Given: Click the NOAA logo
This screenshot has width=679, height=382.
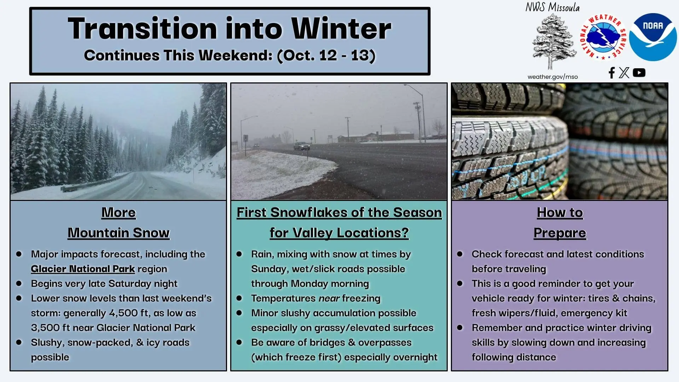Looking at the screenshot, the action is point(653,37).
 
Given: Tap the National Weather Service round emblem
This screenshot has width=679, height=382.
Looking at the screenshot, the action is point(603,37).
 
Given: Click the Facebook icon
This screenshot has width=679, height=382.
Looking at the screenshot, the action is point(611,73).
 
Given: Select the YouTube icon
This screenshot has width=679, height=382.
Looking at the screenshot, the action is point(639,73).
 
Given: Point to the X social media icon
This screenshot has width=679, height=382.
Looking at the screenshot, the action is point(624,73).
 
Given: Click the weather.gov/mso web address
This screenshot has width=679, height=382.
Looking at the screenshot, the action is point(552,77).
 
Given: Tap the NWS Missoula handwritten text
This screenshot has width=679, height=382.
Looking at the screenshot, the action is point(552,7).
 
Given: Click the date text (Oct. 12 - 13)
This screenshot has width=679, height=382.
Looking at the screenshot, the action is point(326,56).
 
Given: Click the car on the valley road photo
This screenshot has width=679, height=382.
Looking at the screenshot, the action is point(302,146).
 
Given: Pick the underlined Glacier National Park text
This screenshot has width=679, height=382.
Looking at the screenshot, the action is point(83,269).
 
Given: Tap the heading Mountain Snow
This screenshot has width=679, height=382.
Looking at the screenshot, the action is point(118,233).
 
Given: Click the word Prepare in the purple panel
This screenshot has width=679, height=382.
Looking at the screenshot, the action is point(560,233).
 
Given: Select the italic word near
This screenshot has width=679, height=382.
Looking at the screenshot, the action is point(329,299).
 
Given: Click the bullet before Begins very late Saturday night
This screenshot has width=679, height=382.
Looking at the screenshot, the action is point(19,283).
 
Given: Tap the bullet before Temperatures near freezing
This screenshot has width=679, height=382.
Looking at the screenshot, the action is point(239,298).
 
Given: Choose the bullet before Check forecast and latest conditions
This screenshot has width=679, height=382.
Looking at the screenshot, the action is point(460,254).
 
